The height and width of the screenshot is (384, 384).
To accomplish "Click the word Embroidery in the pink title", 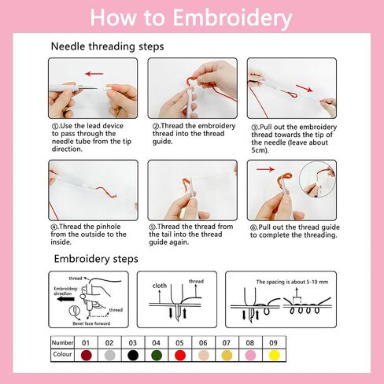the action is click(x=232, y=18).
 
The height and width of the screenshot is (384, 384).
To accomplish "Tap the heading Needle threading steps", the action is click(x=107, y=46).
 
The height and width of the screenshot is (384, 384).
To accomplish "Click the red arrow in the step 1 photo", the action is click(x=94, y=74).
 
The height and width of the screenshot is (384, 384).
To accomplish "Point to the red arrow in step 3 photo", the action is click(x=305, y=88).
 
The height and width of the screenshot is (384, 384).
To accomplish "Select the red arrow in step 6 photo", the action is click(x=265, y=169).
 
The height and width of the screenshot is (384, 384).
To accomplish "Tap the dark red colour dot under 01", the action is click(x=87, y=356).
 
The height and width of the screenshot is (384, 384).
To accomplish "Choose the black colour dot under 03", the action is click(x=133, y=356).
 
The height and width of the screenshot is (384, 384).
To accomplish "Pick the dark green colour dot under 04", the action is click(x=157, y=356).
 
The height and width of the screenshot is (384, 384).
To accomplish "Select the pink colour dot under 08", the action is click(x=250, y=356).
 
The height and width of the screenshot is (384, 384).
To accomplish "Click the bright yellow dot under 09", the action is click(x=274, y=356).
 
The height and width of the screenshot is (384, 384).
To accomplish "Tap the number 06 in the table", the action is click(x=203, y=343).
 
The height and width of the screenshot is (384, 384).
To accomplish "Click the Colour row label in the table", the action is click(x=62, y=354).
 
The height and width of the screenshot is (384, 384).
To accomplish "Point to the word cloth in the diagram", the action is click(x=160, y=286).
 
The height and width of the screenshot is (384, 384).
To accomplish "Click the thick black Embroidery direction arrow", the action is click(x=65, y=299).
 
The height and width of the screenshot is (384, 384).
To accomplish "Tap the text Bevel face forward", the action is click(x=91, y=323).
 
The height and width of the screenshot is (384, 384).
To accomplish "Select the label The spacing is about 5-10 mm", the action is click(x=292, y=282).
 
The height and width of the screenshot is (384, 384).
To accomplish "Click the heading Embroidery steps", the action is click(x=96, y=259).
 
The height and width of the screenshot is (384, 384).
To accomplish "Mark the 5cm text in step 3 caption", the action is click(x=260, y=150).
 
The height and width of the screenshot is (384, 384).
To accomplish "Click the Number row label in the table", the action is click(x=62, y=342).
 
